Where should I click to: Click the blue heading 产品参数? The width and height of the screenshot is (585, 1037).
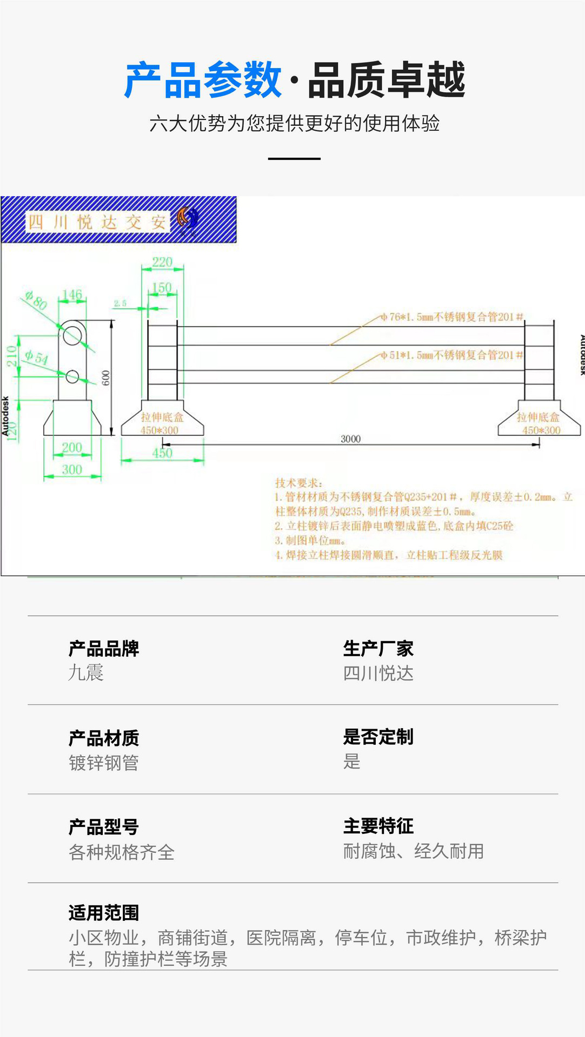(203, 80)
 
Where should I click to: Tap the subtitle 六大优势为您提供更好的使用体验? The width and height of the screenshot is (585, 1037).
(294, 124)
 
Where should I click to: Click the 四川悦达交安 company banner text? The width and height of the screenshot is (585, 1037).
(97, 221)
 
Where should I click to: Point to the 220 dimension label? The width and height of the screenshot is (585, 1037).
(162, 262)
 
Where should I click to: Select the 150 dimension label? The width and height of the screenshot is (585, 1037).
(161, 287)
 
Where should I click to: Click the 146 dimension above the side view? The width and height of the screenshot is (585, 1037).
(72, 295)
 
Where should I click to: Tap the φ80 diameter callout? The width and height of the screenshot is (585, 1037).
(37, 300)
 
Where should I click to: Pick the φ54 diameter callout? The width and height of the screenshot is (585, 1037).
(36, 357)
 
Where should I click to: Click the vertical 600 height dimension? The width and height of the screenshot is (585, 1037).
(106, 378)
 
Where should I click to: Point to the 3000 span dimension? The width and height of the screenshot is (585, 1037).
(350, 439)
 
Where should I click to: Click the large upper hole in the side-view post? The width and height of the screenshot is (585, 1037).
(72, 335)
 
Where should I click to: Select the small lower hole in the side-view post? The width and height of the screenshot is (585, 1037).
(72, 376)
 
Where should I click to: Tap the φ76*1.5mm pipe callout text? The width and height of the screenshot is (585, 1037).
(452, 317)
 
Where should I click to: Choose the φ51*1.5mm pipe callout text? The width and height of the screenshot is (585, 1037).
(452, 355)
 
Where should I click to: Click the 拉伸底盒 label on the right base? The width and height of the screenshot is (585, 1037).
(538, 417)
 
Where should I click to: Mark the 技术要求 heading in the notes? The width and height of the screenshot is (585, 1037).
(298, 483)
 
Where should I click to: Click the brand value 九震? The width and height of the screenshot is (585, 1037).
(86, 673)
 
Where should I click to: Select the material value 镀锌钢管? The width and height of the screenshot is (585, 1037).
(104, 763)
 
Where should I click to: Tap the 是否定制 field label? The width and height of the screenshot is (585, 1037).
(378, 737)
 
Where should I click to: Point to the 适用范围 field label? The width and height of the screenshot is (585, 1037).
(104, 913)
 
